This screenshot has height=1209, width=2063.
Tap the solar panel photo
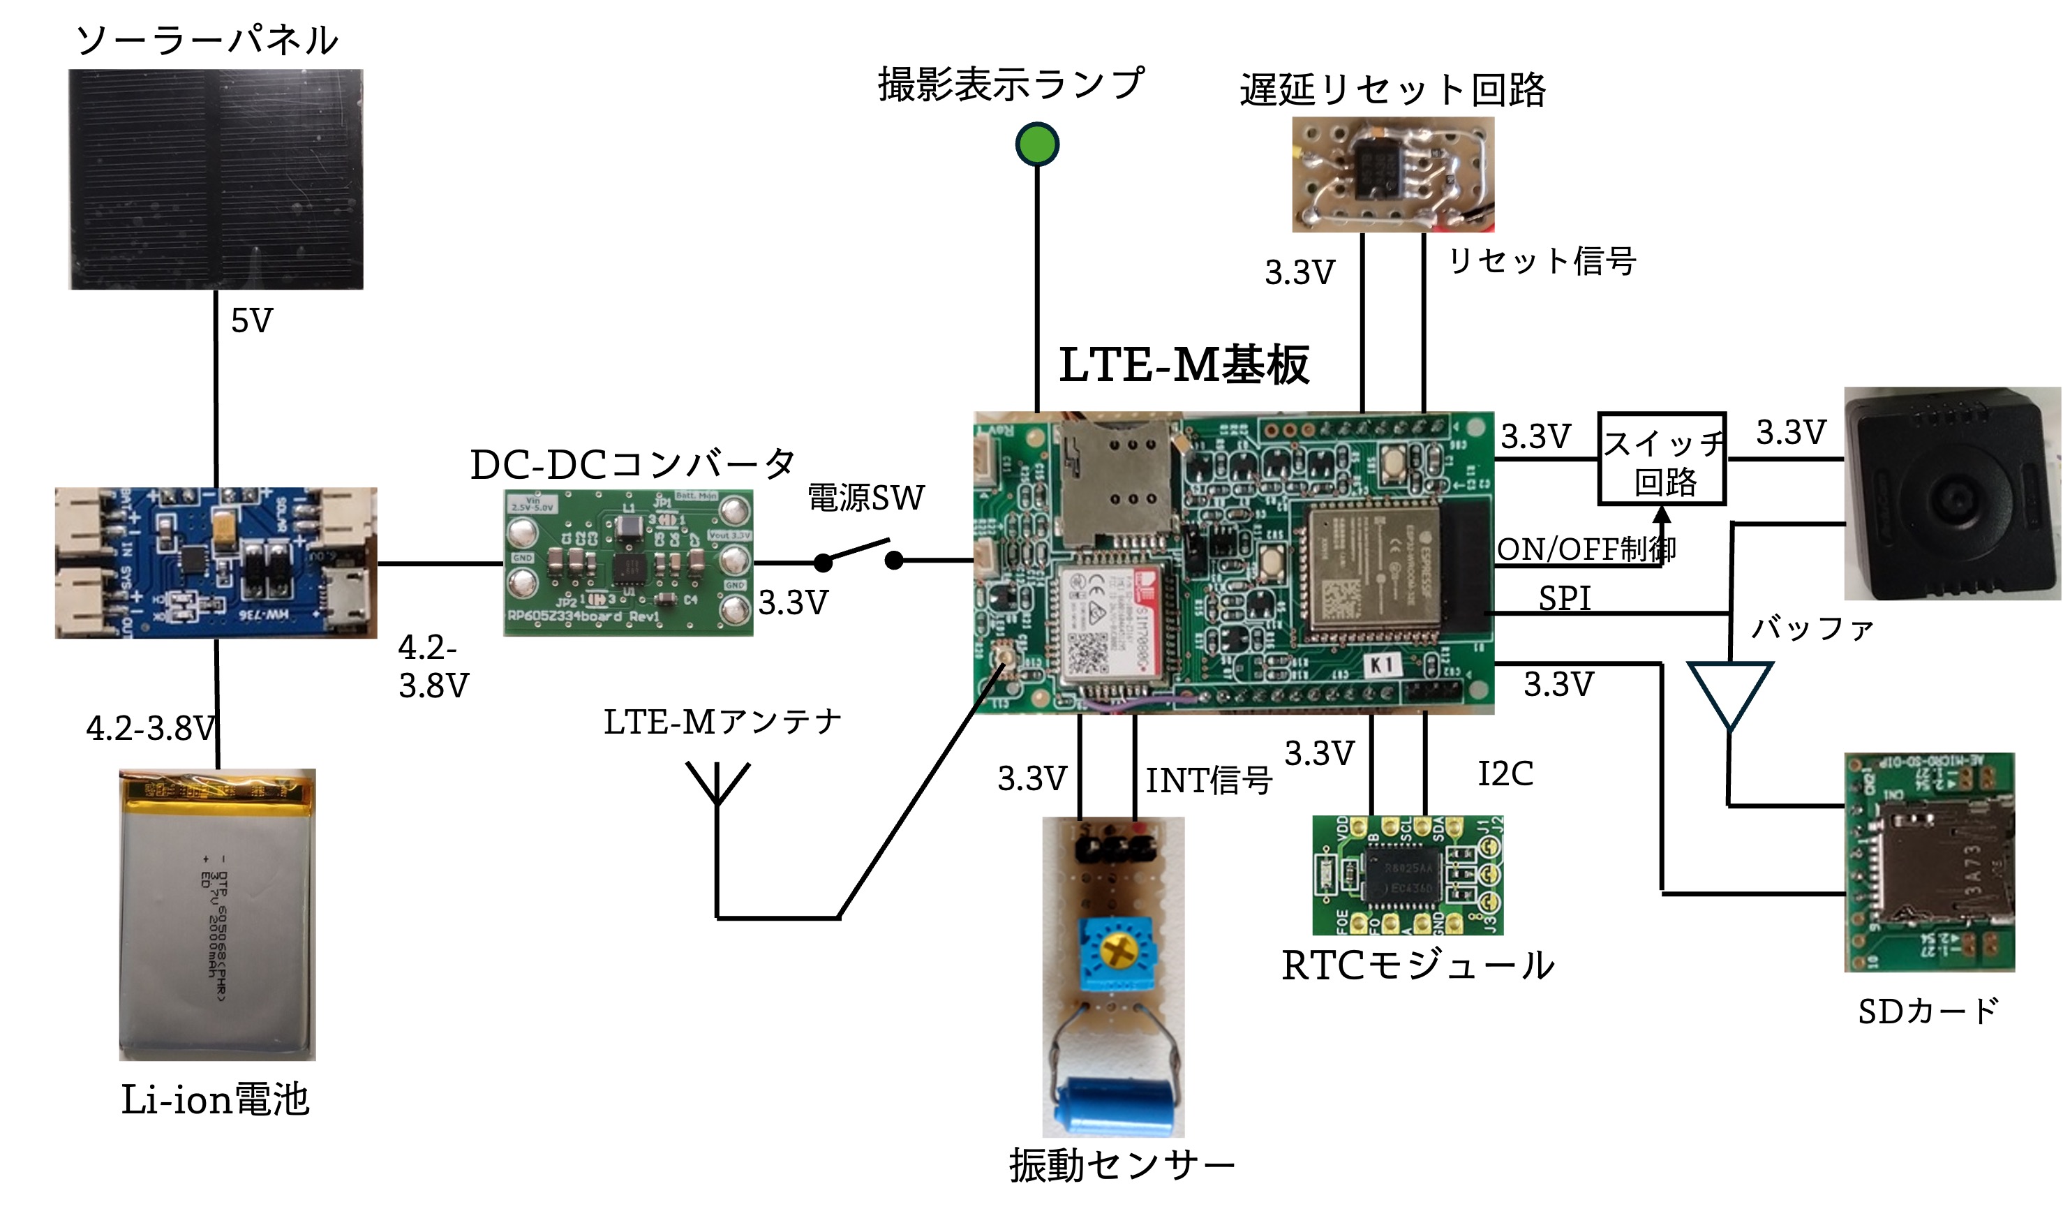216,179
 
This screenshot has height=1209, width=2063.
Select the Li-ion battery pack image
218,914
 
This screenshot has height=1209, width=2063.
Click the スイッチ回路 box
1662,459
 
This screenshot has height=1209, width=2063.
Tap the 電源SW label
865,498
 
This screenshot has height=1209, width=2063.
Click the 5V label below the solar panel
251,321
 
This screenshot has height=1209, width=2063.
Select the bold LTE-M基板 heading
1184,365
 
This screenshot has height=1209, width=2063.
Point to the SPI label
1565,598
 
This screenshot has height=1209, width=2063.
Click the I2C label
1505,773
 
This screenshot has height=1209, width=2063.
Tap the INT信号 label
1208,780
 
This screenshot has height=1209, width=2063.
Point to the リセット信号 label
1542,261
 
